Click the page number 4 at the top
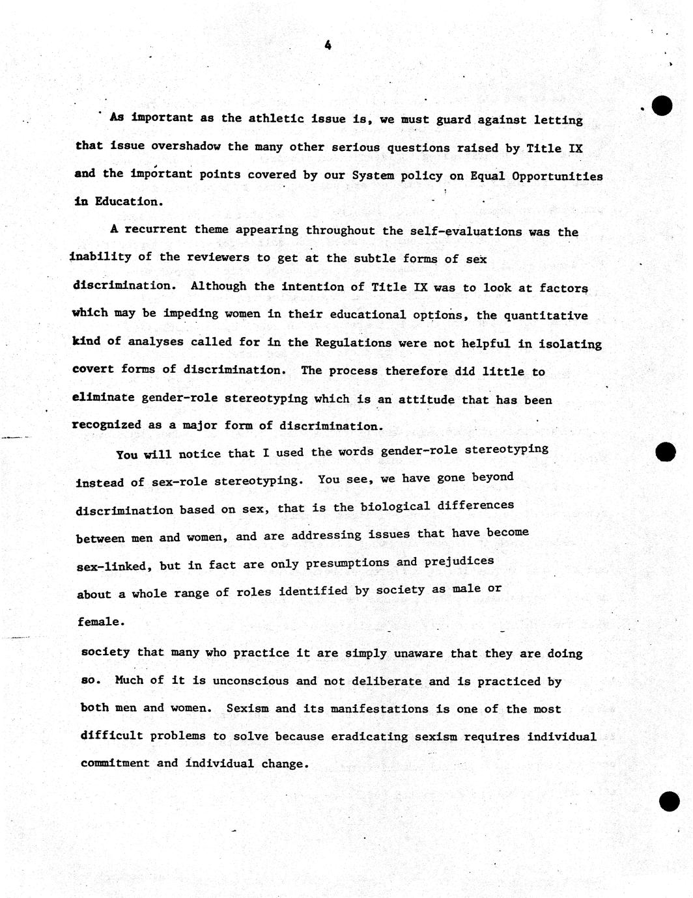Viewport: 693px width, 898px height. click(x=328, y=45)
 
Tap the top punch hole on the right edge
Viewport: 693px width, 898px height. click(x=662, y=105)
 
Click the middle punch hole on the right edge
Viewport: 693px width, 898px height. click(x=666, y=452)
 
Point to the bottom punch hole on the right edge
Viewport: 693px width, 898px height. click(x=669, y=802)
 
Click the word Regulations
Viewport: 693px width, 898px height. click(x=353, y=343)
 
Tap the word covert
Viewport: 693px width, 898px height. click(x=92, y=369)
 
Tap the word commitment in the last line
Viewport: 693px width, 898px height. click(x=115, y=763)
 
